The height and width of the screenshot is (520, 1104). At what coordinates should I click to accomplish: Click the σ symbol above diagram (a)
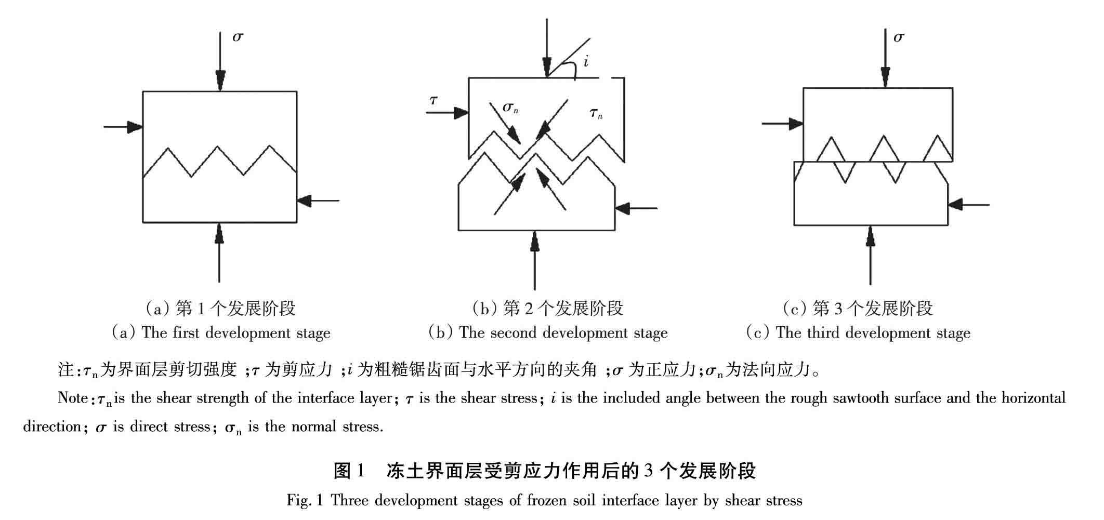pyautogui.click(x=238, y=37)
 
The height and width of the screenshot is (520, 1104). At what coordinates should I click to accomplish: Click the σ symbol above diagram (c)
pyautogui.click(x=899, y=37)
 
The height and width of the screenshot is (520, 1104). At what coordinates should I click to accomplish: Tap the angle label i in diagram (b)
pyautogui.click(x=586, y=62)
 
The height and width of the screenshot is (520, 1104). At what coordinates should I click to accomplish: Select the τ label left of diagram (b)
pyautogui.click(x=433, y=100)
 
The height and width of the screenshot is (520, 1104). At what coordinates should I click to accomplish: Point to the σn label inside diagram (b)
pyautogui.click(x=510, y=108)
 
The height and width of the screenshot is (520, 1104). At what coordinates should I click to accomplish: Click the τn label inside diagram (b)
pyautogui.click(x=596, y=112)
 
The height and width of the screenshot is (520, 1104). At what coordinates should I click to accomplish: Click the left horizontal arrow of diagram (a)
pyautogui.click(x=123, y=126)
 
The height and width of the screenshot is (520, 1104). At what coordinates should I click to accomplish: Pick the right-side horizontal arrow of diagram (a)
pyautogui.click(x=318, y=200)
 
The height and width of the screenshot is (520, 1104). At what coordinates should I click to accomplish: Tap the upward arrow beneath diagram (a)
pyautogui.click(x=219, y=252)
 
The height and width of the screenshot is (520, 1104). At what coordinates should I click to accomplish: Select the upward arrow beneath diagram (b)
pyautogui.click(x=535, y=260)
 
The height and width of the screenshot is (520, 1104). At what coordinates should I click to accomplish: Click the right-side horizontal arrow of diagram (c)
pyautogui.click(x=968, y=205)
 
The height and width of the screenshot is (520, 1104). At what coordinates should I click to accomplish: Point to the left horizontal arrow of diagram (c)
pyautogui.click(x=782, y=124)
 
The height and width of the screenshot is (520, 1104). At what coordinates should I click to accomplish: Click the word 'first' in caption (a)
pyautogui.click(x=186, y=332)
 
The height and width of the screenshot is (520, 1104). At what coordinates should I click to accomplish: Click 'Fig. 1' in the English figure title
pyautogui.click(x=305, y=500)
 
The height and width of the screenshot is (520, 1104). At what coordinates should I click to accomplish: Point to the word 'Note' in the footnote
pyautogui.click(x=73, y=398)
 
